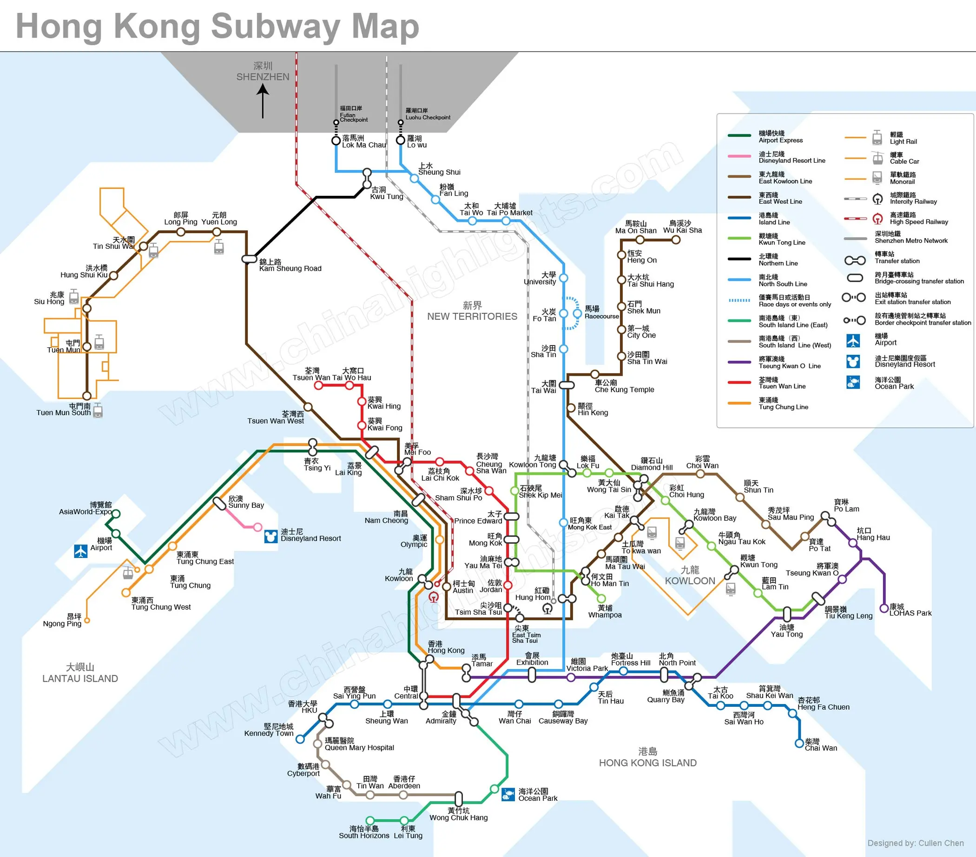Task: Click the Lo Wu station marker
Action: pos(401,140)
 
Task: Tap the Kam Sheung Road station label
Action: pos(290,265)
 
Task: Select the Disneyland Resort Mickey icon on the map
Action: pos(271,536)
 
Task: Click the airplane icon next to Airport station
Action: pos(81,551)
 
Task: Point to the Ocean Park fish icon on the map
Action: pos(508,794)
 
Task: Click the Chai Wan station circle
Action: pos(799,743)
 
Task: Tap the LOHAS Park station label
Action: pos(910,610)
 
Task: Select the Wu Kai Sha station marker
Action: pos(676,240)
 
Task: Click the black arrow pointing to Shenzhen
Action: pos(263,101)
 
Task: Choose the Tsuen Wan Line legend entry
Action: pos(782,383)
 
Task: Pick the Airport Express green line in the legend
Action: pos(739,136)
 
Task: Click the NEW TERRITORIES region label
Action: pos(472,311)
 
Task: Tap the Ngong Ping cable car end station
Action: pos(87,620)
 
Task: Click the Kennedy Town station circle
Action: pos(300,739)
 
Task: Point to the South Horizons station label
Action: pos(364,832)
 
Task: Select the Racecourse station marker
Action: pos(577,313)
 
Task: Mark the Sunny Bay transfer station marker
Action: pos(219,503)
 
